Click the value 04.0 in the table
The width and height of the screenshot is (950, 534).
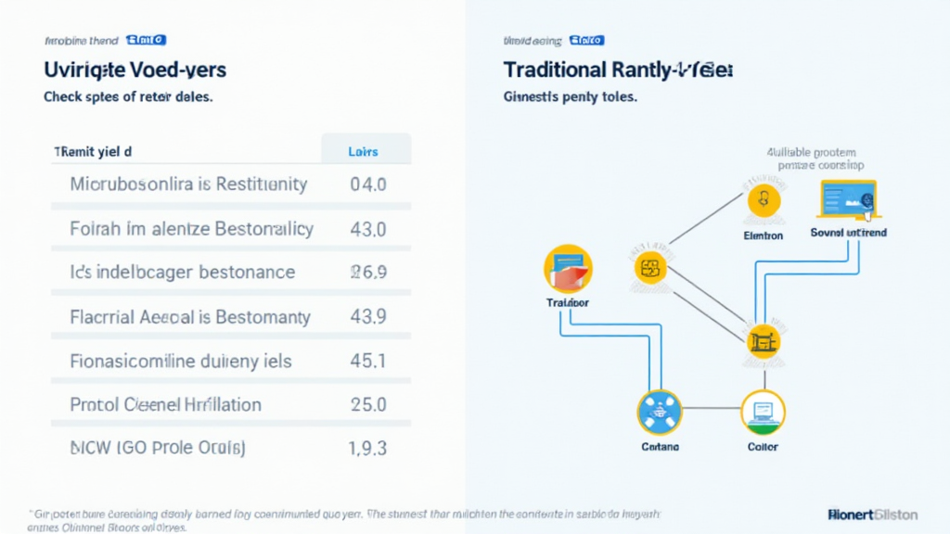click(368, 184)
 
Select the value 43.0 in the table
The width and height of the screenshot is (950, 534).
click(368, 229)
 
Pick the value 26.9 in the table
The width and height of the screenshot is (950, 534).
click(367, 273)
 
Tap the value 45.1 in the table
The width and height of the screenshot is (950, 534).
click(368, 361)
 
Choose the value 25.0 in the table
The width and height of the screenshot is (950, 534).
click(368, 405)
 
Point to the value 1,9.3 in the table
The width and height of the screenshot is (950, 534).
click(367, 449)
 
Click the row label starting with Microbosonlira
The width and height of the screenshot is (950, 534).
click(188, 184)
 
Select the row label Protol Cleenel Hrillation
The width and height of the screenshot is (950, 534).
click(166, 405)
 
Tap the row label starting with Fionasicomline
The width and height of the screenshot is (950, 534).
click(180, 361)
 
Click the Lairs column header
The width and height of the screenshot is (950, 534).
click(363, 151)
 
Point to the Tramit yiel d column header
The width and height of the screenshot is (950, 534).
click(93, 150)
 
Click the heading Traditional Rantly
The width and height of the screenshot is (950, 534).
click(618, 70)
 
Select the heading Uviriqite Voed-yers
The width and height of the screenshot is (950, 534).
click(135, 70)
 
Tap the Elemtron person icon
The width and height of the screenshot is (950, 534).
click(764, 200)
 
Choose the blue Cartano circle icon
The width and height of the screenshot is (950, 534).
click(660, 413)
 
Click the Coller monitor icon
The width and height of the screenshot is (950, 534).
click(763, 413)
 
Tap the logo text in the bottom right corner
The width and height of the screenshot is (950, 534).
click(871, 514)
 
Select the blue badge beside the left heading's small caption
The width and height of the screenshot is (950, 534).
click(146, 40)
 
